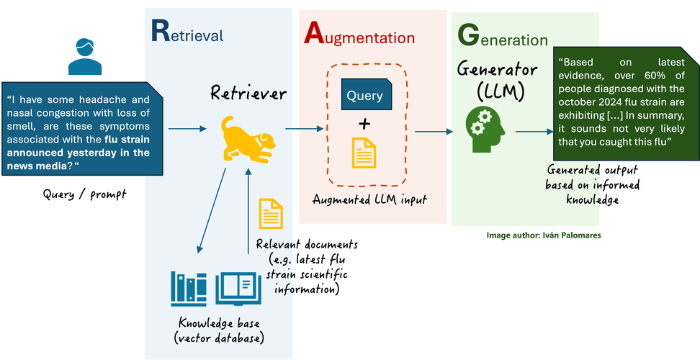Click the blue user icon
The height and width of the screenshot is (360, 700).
point(86,57)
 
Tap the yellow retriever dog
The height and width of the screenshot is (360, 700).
point(245,138)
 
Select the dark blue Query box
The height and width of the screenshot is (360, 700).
point(365,95)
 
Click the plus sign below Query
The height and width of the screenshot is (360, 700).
point(365,124)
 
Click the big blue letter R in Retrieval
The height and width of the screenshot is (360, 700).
point(161,31)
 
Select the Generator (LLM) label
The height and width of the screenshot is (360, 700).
point(498,80)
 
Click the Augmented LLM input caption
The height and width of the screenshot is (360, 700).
point(369,199)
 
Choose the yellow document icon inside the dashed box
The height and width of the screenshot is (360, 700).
point(364,153)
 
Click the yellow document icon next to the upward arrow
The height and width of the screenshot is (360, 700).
point(271,212)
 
